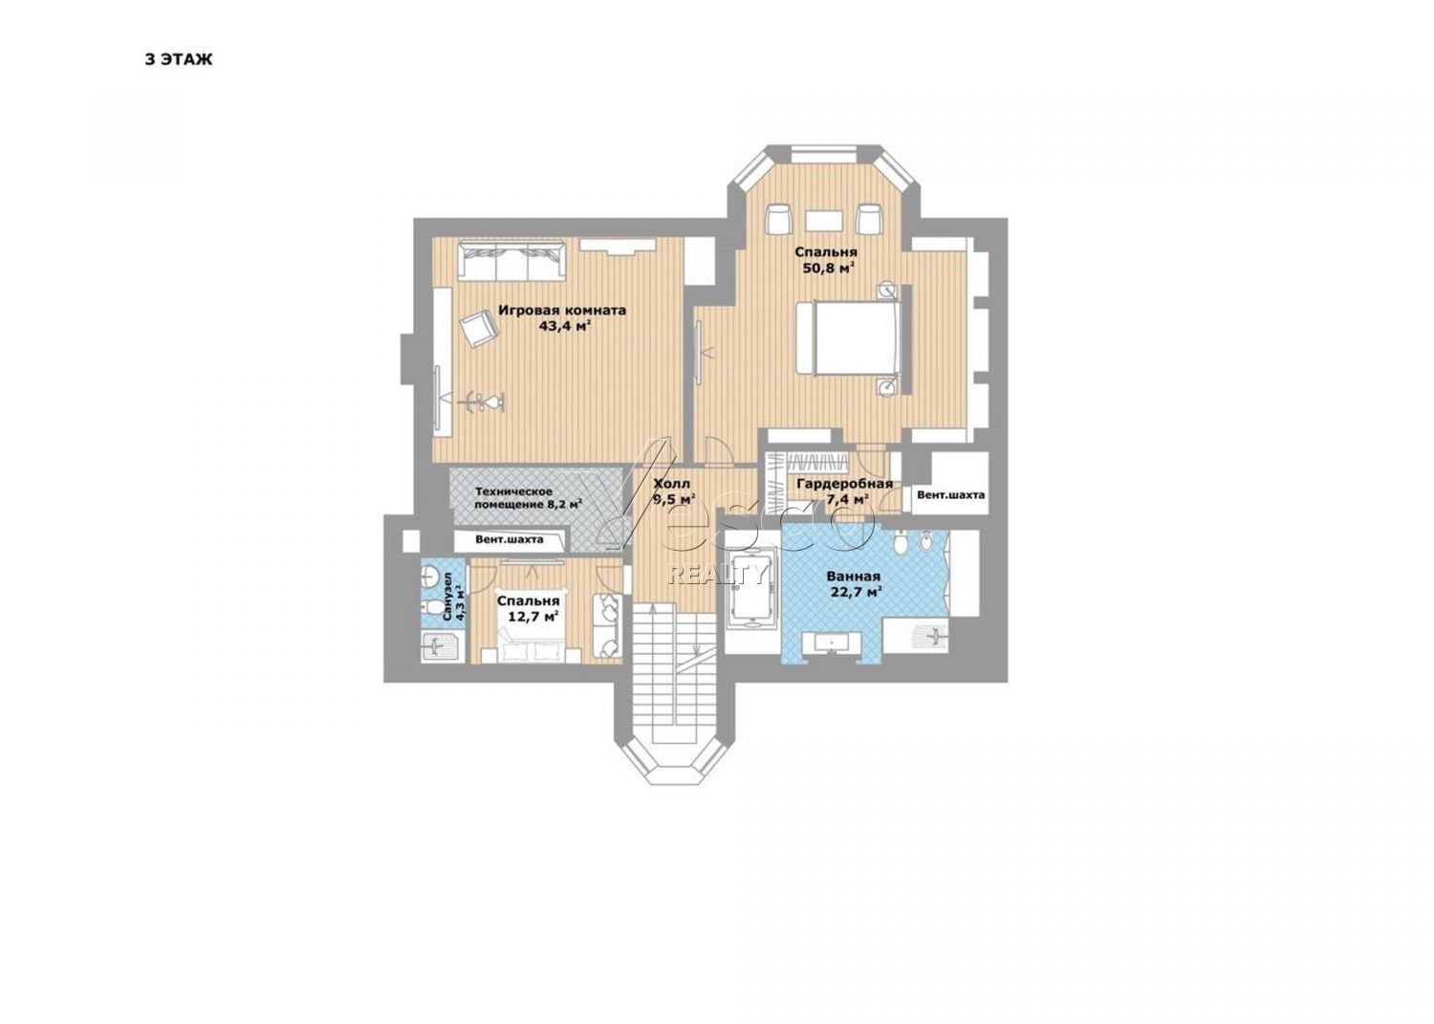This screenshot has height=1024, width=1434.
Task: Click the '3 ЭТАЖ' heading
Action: coord(179,59)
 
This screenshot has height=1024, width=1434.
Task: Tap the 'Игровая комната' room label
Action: coord(562,311)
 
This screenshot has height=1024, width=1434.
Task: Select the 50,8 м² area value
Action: coord(830,268)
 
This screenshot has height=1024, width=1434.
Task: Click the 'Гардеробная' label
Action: coord(844,484)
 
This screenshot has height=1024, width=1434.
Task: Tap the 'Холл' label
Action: coord(671,484)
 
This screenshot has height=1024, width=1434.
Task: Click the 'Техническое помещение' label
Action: coord(513,497)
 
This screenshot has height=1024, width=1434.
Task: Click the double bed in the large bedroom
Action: coord(849,337)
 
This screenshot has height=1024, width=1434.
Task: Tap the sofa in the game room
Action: coord(511,261)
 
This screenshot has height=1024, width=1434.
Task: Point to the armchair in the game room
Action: coord(480,329)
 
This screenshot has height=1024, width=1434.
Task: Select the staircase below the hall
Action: coord(674,678)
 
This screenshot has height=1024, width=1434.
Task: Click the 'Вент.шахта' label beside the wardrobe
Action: coord(950,495)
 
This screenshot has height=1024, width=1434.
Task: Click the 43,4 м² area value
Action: coord(563,327)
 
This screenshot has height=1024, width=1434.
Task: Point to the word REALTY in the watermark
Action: coord(717,575)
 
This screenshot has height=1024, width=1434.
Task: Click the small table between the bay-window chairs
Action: coord(824,221)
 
